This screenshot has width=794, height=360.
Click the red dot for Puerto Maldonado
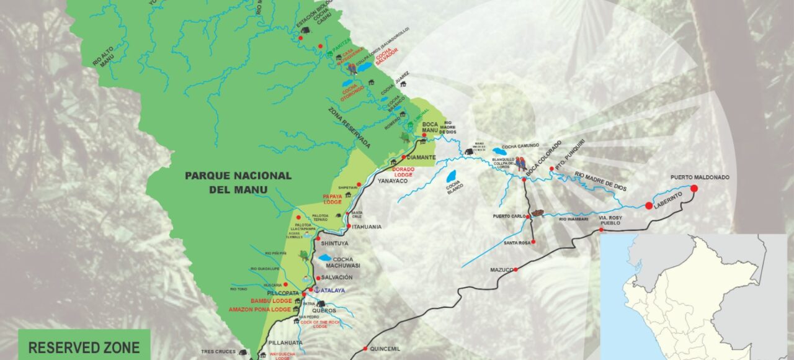click(x=694, y=188)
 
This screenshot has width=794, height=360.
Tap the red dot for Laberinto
click(x=649, y=205)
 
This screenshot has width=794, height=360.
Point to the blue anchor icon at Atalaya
click(x=315, y=290)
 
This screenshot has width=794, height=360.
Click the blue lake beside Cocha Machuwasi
click(x=325, y=258)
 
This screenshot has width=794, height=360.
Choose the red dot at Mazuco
click(x=515, y=269)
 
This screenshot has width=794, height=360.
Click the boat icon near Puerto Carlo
click(x=538, y=213)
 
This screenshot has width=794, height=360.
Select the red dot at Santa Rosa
click(x=533, y=242)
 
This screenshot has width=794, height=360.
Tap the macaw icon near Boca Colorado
click(x=521, y=164)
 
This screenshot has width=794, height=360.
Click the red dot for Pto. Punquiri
click(x=551, y=168)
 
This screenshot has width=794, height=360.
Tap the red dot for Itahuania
click(x=349, y=227)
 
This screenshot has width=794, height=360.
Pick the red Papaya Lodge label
click(x=332, y=199)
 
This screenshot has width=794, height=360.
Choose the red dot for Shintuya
click(x=318, y=238)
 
